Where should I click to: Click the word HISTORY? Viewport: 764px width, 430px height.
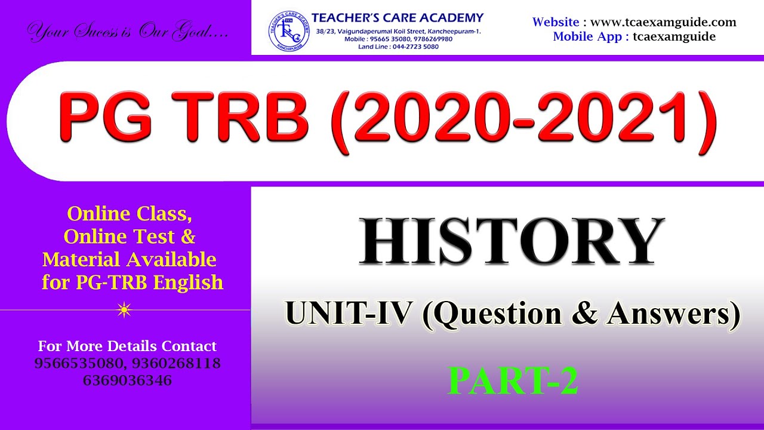click(x=512, y=241)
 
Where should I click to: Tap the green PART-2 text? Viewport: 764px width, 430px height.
click(x=513, y=382)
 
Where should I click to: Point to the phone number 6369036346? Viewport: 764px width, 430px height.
click(x=127, y=380)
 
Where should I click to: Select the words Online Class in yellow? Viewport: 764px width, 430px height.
click(x=130, y=213)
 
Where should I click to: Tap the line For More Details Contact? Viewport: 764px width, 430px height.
click(x=127, y=346)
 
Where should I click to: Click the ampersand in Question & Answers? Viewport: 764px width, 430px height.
click(x=584, y=314)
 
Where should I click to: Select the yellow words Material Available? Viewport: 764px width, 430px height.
click(x=130, y=259)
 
